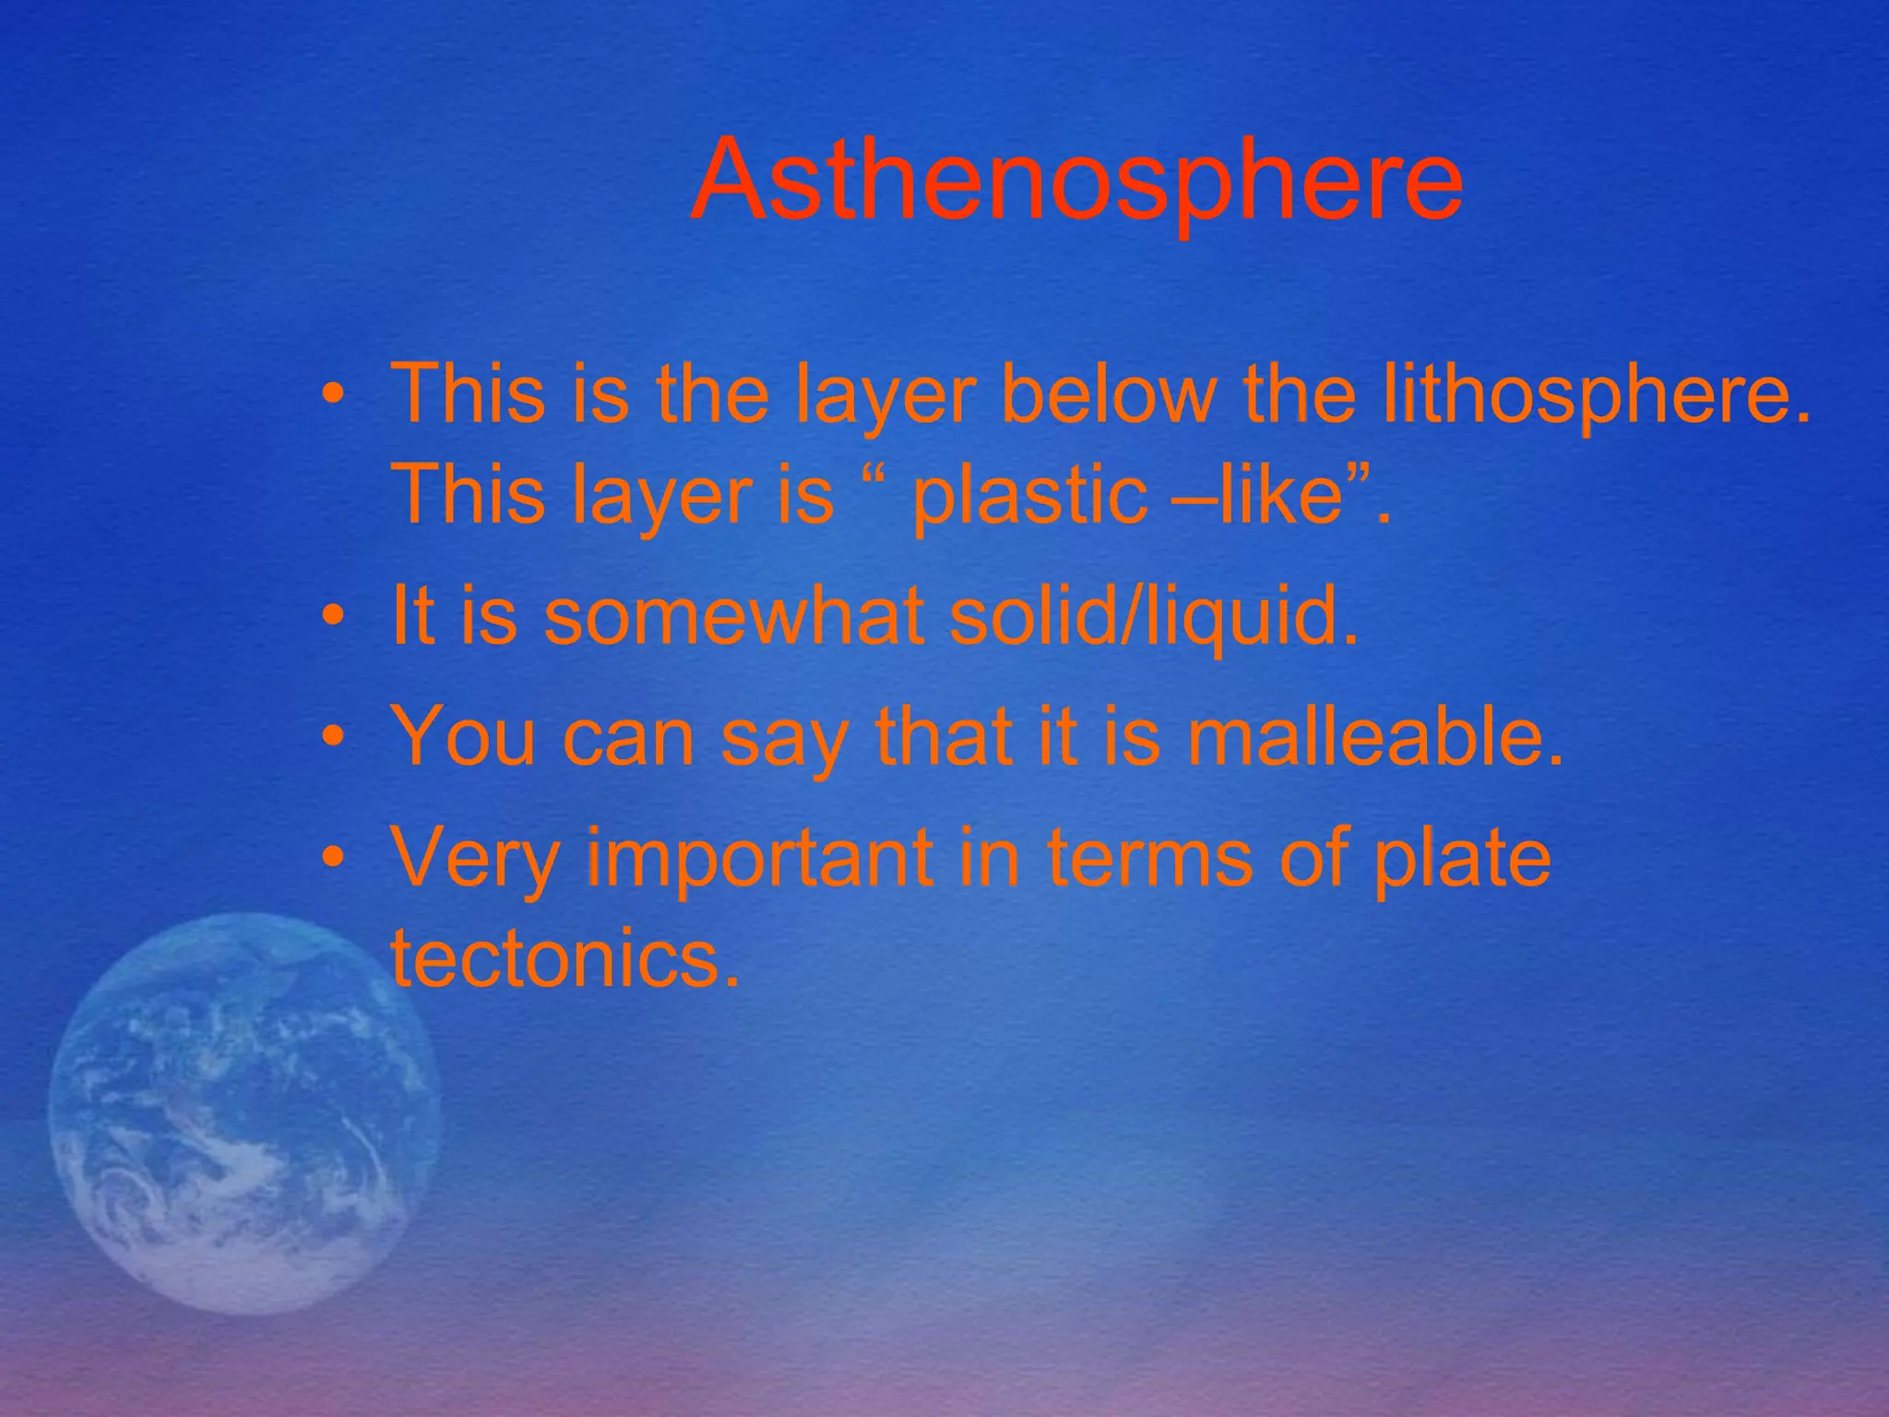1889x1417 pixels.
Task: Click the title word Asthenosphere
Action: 1075,180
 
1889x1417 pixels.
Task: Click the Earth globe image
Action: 244,1112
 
